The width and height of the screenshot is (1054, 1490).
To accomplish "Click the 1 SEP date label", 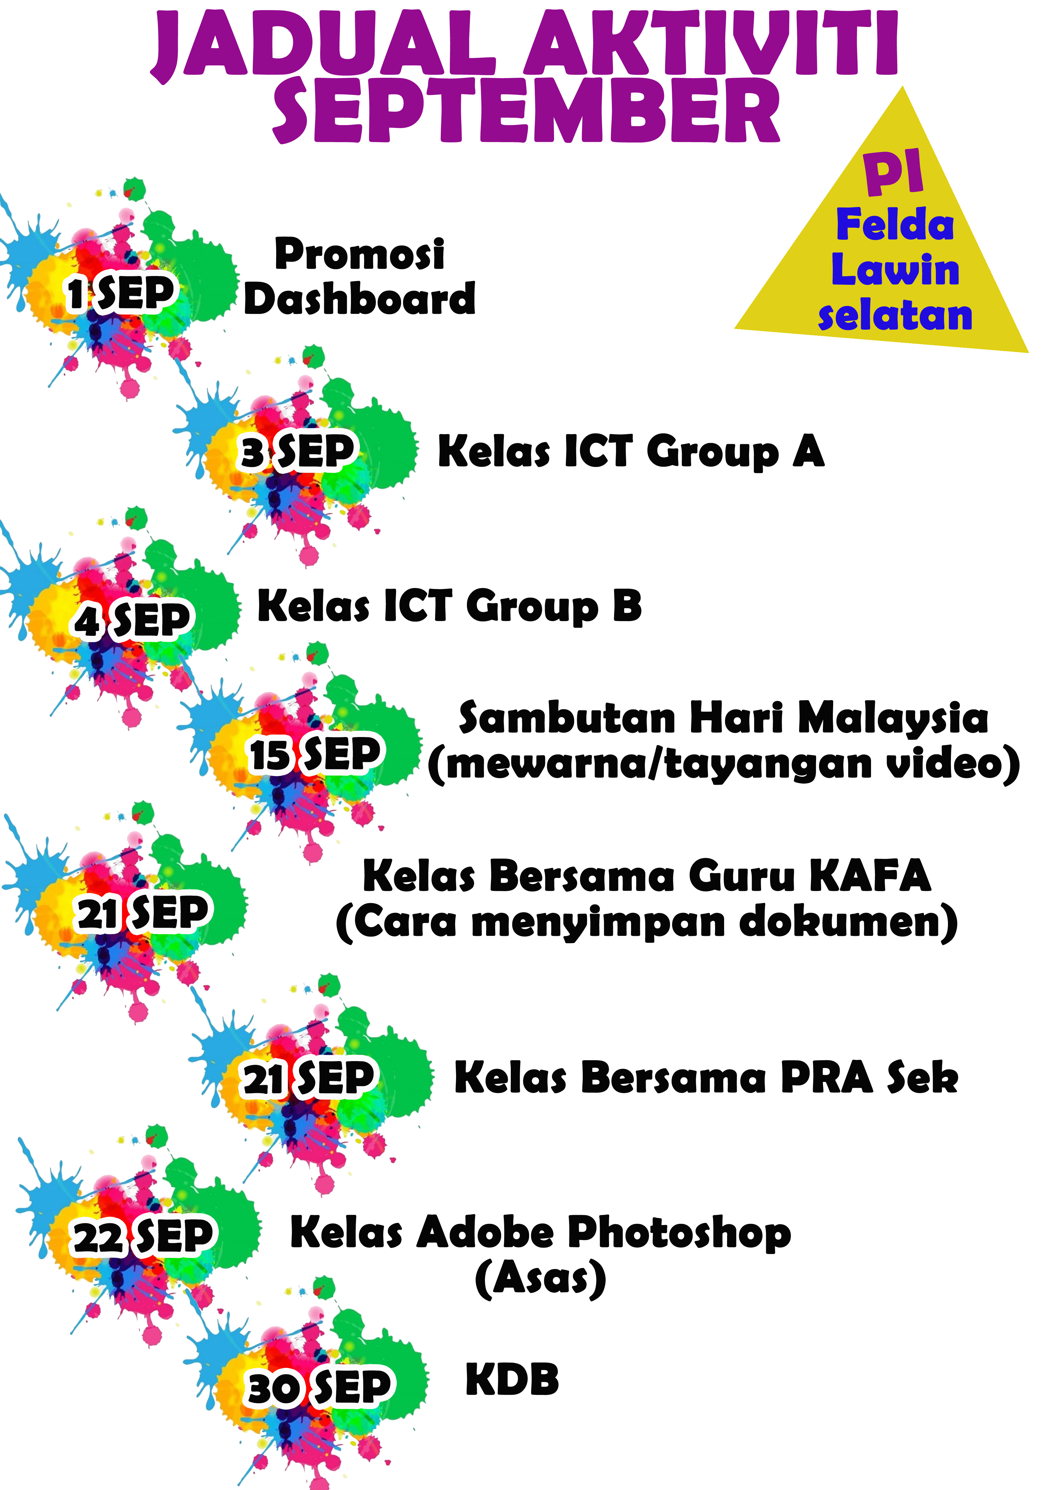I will click(121, 293).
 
